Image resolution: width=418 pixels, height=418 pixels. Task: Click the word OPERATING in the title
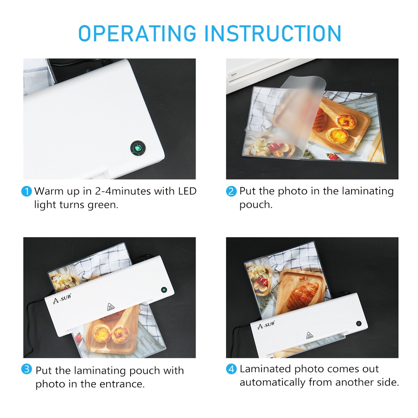pos(137,33)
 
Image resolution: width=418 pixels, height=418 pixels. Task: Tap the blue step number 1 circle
pos(27,191)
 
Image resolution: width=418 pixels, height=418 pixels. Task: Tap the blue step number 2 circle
pos(231,191)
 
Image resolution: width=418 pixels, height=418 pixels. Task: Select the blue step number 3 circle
pos(27,369)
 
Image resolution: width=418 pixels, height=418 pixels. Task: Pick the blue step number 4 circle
pos(231,369)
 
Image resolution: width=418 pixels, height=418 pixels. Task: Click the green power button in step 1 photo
pos(138,148)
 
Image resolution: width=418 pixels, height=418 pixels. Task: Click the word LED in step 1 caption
pos(187,191)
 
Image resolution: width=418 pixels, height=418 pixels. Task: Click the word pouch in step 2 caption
pos(256,205)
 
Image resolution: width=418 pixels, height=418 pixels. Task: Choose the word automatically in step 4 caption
pos(272,382)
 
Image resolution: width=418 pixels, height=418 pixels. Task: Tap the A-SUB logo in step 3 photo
pos(62,298)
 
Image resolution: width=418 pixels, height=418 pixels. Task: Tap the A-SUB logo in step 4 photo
pos(266,325)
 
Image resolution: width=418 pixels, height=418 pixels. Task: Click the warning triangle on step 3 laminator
pos(111,307)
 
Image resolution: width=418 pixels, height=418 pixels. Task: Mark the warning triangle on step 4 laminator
pos(309,336)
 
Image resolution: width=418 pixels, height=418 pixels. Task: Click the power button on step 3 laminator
pos(164,290)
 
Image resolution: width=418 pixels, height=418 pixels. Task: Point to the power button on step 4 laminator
pos(359,324)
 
